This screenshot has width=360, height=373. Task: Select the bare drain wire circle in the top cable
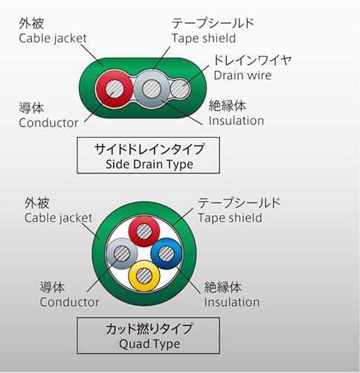tap(180, 89)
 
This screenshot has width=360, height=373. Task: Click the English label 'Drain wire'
tap(242, 75)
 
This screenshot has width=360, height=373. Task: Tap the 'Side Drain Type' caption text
tap(150, 165)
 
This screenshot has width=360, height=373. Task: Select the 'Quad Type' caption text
tap(150, 344)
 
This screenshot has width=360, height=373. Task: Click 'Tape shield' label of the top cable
tap(204, 38)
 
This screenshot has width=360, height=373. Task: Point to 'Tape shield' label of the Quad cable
tap(230, 218)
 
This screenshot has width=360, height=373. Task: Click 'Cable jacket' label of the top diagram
tap(53, 39)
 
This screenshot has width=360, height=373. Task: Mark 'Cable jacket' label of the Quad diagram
tap(58, 218)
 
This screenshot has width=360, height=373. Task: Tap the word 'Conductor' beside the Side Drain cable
tap(48, 123)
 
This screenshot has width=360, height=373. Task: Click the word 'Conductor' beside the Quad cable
tap(69, 302)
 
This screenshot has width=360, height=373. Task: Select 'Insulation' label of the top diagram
tap(236, 121)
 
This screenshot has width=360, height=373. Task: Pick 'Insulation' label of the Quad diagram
tap(232, 302)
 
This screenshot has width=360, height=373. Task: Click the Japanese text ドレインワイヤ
tap(253, 60)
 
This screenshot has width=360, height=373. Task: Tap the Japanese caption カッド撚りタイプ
tap(149, 328)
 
